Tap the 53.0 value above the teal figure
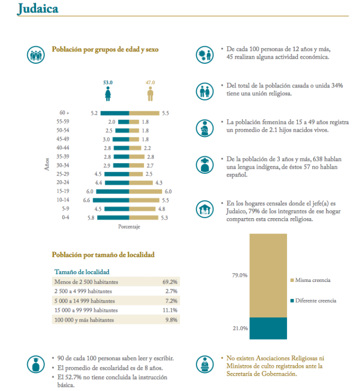(107, 82)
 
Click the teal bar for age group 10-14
(111, 200)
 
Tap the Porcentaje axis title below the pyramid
(129, 226)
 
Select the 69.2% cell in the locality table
(169, 282)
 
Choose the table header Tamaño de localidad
(81, 272)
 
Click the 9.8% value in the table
(171, 320)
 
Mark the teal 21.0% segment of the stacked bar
(268, 328)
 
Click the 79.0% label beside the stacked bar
(240, 275)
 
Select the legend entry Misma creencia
(313, 280)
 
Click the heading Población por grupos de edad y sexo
(105, 50)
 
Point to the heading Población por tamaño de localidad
(103, 255)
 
